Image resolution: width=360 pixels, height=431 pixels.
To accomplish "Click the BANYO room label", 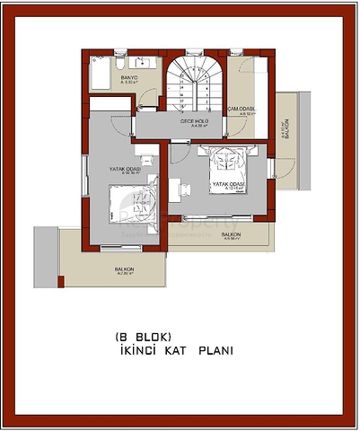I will click(127, 78).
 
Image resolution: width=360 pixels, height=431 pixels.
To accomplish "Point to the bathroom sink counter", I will click(142, 62).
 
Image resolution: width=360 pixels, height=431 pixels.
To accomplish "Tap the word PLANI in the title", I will click(215, 352).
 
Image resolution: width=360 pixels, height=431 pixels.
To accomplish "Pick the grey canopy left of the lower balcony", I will click(46, 252).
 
